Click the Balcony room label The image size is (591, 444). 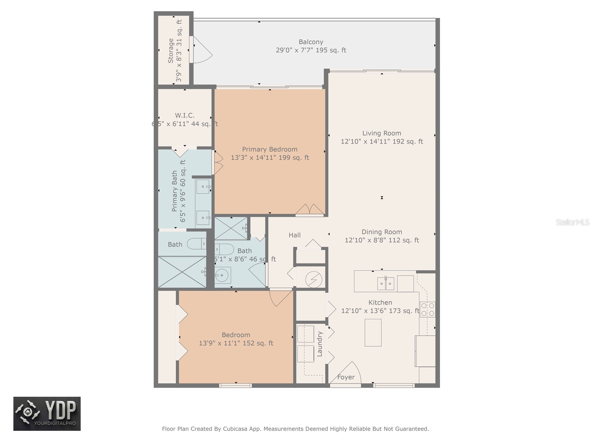[311, 42]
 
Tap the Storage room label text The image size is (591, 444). [171, 51]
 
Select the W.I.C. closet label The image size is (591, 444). [185, 116]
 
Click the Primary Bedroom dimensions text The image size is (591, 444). [270, 158]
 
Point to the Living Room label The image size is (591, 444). [382, 133]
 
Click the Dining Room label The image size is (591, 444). [382, 232]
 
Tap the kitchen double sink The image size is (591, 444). [386, 283]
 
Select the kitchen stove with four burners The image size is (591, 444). [428, 309]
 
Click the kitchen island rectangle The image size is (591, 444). [373, 333]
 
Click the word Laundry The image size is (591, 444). [320, 344]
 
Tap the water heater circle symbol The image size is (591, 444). [314, 279]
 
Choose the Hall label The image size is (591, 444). [294, 235]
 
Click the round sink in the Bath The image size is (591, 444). [223, 275]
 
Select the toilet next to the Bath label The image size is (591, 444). [196, 244]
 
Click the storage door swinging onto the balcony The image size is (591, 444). [201, 50]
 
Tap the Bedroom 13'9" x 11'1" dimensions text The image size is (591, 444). [236, 343]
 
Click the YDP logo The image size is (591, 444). [47, 414]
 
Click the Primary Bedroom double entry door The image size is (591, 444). [310, 210]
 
